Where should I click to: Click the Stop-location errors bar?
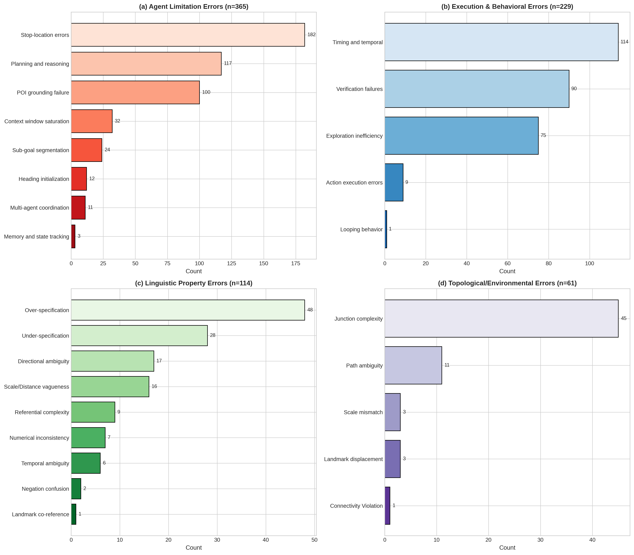pyautogui.click(x=188, y=35)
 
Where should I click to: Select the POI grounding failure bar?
pyautogui.click(x=135, y=92)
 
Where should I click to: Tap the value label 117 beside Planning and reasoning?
pyautogui.click(x=228, y=63)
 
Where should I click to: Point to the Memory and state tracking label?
pyautogui.click(x=37, y=237)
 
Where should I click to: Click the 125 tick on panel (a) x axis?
pyautogui.click(x=231, y=264)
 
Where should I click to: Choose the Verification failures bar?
pyautogui.click(x=477, y=89)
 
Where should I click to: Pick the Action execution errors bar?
pyautogui.click(x=394, y=182)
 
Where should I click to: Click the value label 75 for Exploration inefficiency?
pyautogui.click(x=543, y=135)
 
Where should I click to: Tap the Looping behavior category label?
pyautogui.click(x=361, y=229)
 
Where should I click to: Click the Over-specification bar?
pyautogui.click(x=188, y=310)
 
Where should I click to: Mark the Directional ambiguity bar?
pyautogui.click(x=112, y=361)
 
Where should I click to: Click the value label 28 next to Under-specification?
pyautogui.click(x=213, y=335)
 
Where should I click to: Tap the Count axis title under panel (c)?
pyautogui.click(x=194, y=548)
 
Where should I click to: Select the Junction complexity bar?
pyautogui.click(x=501, y=318)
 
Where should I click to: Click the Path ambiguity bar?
pyautogui.click(x=413, y=365)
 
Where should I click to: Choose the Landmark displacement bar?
pyautogui.click(x=392, y=459)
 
